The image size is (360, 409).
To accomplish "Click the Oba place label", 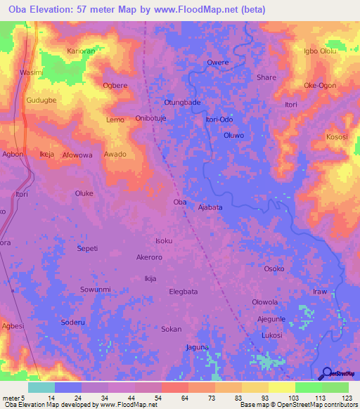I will (x=179, y=202).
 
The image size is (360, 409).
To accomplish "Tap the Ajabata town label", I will (x=210, y=207).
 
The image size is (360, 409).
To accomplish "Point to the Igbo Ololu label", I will (x=320, y=51).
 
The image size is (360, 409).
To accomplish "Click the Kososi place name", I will (x=337, y=136).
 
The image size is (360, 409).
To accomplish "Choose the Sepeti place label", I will (x=86, y=249).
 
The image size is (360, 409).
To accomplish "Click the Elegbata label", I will (x=184, y=291).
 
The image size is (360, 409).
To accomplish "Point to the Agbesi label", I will (x=13, y=326).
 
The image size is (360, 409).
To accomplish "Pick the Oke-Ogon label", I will (x=319, y=85).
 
